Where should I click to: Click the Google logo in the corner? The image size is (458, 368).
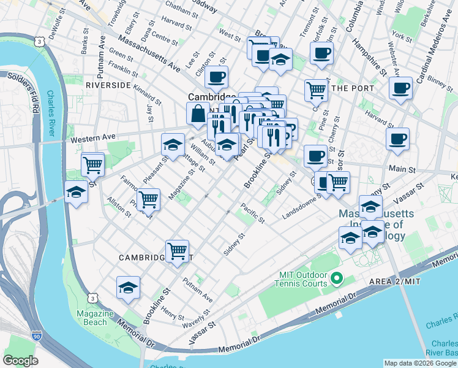20,361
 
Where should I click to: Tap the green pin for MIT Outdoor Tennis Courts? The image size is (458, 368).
336,280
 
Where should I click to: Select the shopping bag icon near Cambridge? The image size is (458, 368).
198,114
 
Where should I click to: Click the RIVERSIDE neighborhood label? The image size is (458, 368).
108,85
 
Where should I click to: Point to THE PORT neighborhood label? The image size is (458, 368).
352,88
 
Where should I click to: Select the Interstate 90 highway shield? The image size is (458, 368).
37,336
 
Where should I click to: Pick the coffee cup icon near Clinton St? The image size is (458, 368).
216,78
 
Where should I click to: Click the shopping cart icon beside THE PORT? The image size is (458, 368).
316,90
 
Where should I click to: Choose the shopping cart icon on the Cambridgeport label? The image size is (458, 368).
177,250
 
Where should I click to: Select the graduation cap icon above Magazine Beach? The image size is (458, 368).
128,287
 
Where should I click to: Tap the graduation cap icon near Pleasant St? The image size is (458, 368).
173,145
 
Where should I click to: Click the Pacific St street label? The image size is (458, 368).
252,213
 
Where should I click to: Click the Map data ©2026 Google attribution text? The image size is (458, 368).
420,363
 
